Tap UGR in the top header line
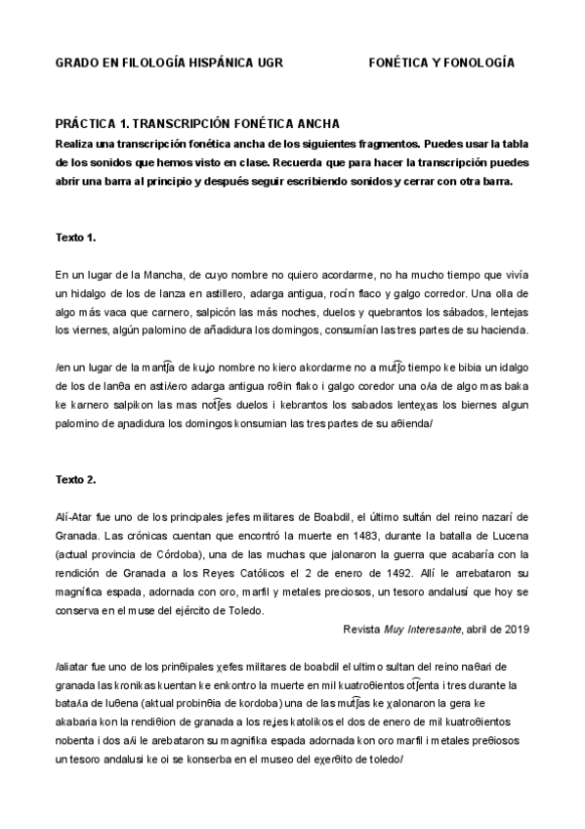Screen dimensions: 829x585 coord(264,64)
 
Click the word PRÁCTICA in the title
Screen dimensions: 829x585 coord(85,125)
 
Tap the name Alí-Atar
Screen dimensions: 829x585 coord(75,518)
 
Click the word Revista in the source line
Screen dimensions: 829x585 coord(364,629)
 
